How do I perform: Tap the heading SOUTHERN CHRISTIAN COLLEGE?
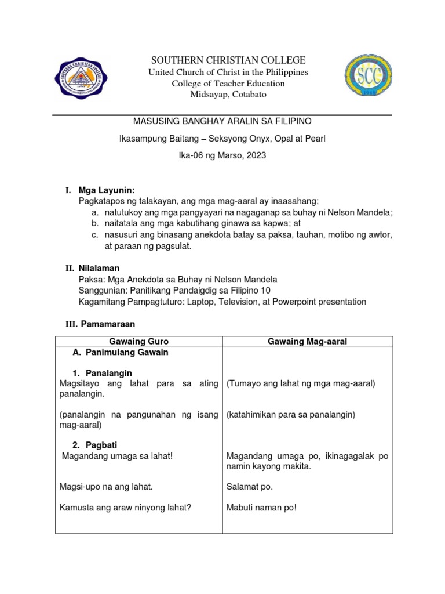coord(228,60)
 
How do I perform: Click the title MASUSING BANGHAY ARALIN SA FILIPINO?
coord(223,121)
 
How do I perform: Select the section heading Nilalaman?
coord(99,268)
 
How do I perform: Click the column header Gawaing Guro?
coord(139,342)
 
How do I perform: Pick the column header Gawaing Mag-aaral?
coord(307,342)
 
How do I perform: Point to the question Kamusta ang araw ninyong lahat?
coord(126,508)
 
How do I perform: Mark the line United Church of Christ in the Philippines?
coord(228,72)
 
